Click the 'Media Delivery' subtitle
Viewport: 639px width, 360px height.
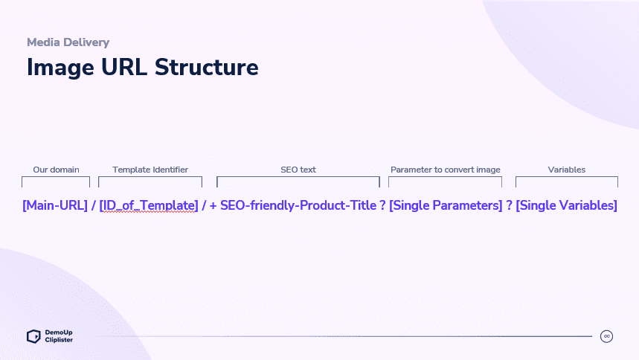pyautogui.click(x=68, y=42)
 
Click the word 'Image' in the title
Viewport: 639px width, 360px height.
pyautogui.click(x=60, y=68)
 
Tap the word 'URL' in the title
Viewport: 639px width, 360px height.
pyautogui.click(x=124, y=67)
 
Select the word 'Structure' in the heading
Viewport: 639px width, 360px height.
pyautogui.click(x=207, y=67)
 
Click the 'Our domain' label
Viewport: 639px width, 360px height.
pyautogui.click(x=57, y=170)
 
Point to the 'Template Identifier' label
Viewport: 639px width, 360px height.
pyautogui.click(x=150, y=170)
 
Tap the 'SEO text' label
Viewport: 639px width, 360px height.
pyautogui.click(x=298, y=170)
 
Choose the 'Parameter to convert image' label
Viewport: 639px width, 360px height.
pyautogui.click(x=446, y=170)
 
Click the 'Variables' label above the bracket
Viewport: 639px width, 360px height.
pyautogui.click(x=566, y=170)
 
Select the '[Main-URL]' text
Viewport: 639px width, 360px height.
pyautogui.click(x=55, y=205)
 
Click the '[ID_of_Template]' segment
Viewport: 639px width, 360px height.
pyautogui.click(x=149, y=205)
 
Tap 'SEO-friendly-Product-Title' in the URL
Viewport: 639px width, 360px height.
pyautogui.click(x=298, y=205)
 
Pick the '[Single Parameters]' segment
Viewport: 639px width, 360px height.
pyautogui.click(x=446, y=205)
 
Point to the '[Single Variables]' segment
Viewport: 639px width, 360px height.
pyautogui.click(x=566, y=205)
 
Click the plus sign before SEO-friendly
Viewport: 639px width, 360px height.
pyautogui.click(x=213, y=205)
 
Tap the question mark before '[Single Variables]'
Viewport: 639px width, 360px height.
pyautogui.click(x=509, y=205)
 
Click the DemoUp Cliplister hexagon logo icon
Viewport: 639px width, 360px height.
pyautogui.click(x=33, y=336)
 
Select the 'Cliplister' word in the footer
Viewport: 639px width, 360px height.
pyautogui.click(x=59, y=340)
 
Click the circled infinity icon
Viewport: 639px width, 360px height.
pyautogui.click(x=606, y=336)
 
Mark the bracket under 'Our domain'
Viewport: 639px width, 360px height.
pyautogui.click(x=56, y=177)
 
